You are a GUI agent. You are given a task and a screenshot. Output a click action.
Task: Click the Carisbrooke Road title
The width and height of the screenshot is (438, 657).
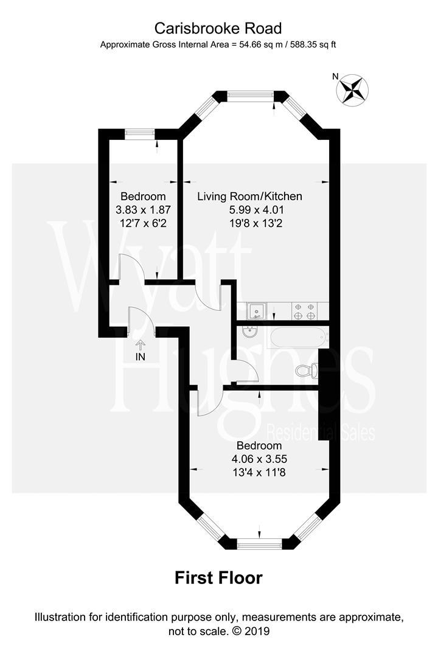point(218,27)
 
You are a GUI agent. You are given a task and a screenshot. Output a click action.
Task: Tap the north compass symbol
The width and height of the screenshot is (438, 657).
point(353,89)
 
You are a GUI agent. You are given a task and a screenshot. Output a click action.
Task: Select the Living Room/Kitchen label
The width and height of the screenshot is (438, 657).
point(249,196)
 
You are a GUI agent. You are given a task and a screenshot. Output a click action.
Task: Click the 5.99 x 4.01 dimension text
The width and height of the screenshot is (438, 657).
point(249,210)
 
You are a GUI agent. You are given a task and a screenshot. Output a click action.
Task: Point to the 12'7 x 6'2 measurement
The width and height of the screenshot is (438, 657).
point(143,223)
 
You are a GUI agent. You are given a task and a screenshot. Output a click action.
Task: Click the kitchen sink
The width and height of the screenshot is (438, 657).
point(257,311)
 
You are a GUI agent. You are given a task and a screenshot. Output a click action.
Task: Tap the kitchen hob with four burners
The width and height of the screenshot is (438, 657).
point(305,311)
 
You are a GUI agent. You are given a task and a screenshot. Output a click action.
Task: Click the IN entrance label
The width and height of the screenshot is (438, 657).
point(141,356)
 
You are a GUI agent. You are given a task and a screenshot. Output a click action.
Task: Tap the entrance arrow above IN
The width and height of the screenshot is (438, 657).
point(141,344)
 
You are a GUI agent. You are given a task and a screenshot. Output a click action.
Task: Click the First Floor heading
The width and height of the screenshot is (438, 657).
point(218,577)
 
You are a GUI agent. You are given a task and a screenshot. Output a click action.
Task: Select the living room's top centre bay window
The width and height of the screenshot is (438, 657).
point(251,96)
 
